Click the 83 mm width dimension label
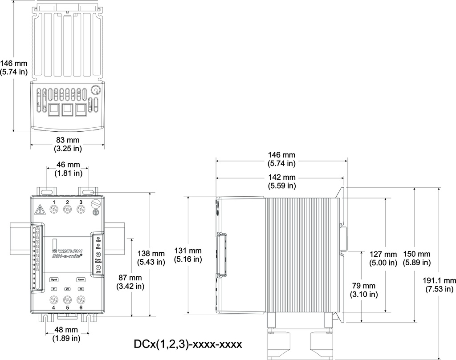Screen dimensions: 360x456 tap(67, 144)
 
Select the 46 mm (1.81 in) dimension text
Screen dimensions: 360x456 tap(67, 169)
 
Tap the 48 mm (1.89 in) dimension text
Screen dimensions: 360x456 tap(66, 334)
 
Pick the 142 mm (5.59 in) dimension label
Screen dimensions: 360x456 tap(281, 182)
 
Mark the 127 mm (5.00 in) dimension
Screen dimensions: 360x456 tap(383, 258)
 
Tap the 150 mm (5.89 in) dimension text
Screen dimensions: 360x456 tap(416, 258)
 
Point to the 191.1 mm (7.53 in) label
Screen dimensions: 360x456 tap(440, 284)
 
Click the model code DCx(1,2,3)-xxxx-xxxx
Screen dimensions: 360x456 tap(187, 344)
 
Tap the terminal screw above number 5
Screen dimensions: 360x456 tap(68, 299)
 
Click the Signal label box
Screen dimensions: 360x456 tap(54, 279)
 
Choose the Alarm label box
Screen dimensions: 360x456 tap(81, 279)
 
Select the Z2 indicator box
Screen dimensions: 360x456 tap(68, 289)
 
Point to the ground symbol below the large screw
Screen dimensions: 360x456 tap(95, 213)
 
